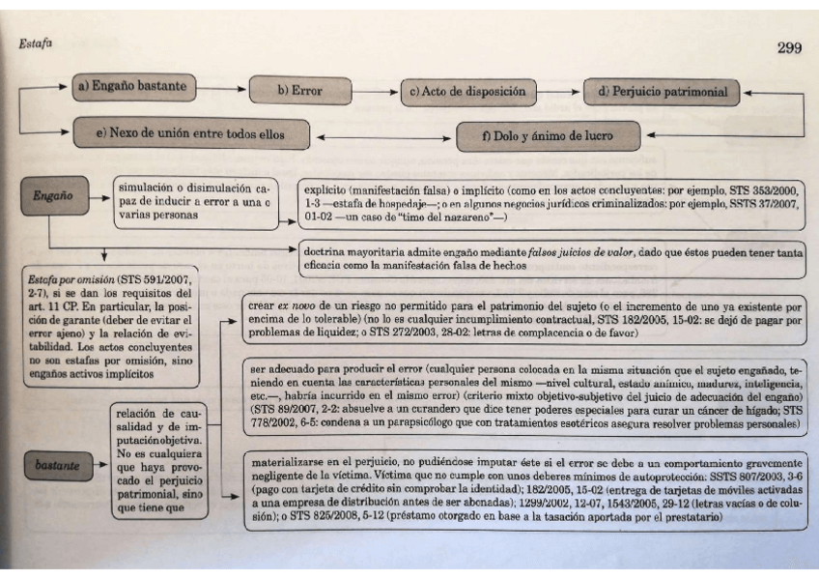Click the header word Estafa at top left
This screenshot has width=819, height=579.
(x=35, y=44)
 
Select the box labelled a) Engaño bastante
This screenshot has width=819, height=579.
(x=133, y=87)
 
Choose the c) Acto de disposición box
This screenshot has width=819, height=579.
(x=466, y=93)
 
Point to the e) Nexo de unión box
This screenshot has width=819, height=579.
(x=189, y=134)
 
